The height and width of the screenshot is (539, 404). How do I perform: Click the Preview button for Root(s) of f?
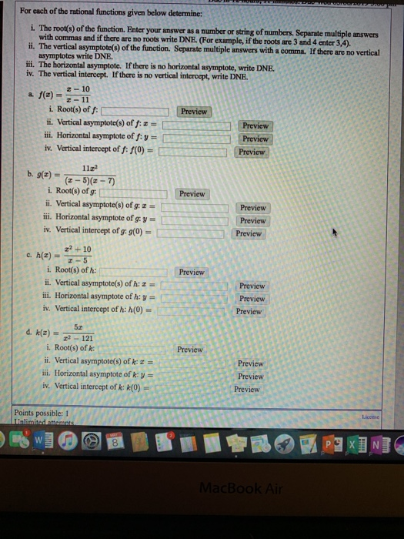[194, 112]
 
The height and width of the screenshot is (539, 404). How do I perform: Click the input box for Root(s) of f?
[135, 112]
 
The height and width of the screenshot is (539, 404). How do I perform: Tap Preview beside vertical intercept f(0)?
[252, 152]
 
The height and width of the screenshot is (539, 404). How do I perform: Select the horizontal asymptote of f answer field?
[197, 139]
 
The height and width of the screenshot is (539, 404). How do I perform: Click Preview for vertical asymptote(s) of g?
[252, 208]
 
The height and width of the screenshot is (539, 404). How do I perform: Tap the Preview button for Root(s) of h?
[192, 273]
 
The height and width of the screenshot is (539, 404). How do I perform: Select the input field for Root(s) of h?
[135, 273]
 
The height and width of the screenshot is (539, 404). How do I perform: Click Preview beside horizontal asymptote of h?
[252, 299]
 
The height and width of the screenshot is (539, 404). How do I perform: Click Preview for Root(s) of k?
[190, 350]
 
